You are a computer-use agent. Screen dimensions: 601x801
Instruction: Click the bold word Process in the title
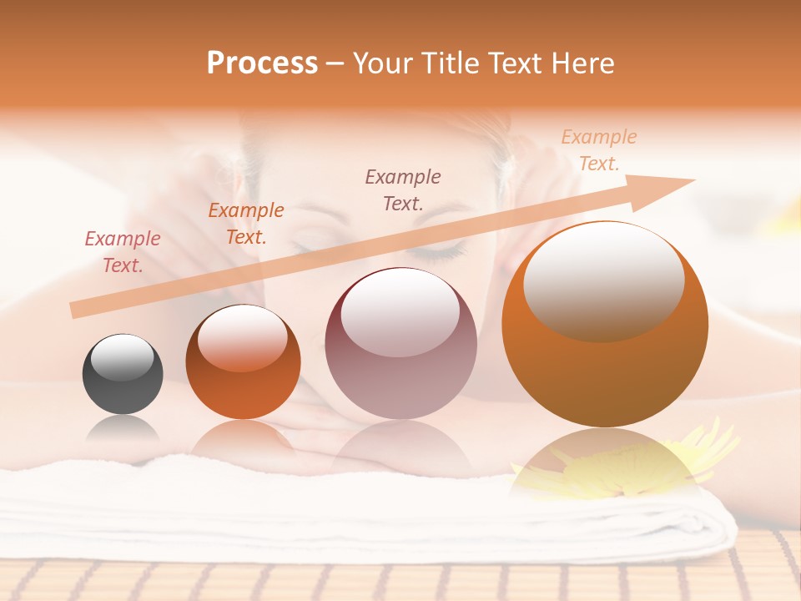click(262, 63)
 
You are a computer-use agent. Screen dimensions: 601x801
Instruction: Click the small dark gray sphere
click(123, 374)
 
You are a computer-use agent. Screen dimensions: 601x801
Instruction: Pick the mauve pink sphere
click(400, 343)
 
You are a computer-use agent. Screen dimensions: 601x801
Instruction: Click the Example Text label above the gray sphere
click(123, 252)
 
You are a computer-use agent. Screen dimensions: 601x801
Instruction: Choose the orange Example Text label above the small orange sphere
click(246, 224)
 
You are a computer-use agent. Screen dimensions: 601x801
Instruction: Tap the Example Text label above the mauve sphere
click(403, 189)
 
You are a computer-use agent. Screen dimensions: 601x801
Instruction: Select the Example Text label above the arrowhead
click(598, 150)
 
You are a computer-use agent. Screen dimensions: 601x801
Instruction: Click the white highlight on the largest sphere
click(603, 281)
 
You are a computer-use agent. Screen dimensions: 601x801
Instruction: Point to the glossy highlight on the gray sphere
click(123, 358)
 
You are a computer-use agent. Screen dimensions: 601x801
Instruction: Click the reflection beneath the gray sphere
click(123, 429)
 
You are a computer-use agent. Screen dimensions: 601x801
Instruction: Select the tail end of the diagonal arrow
click(77, 311)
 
